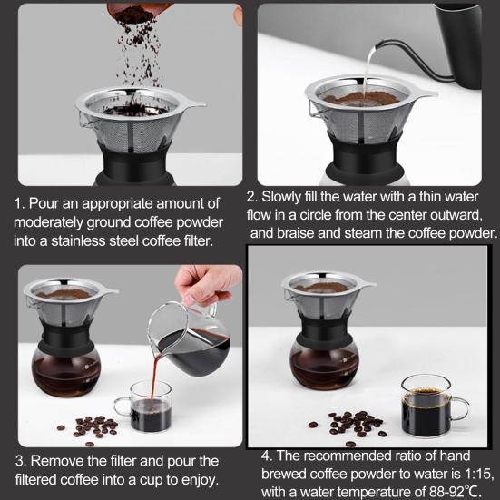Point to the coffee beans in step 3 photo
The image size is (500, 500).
pyautogui.click(x=91, y=426)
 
